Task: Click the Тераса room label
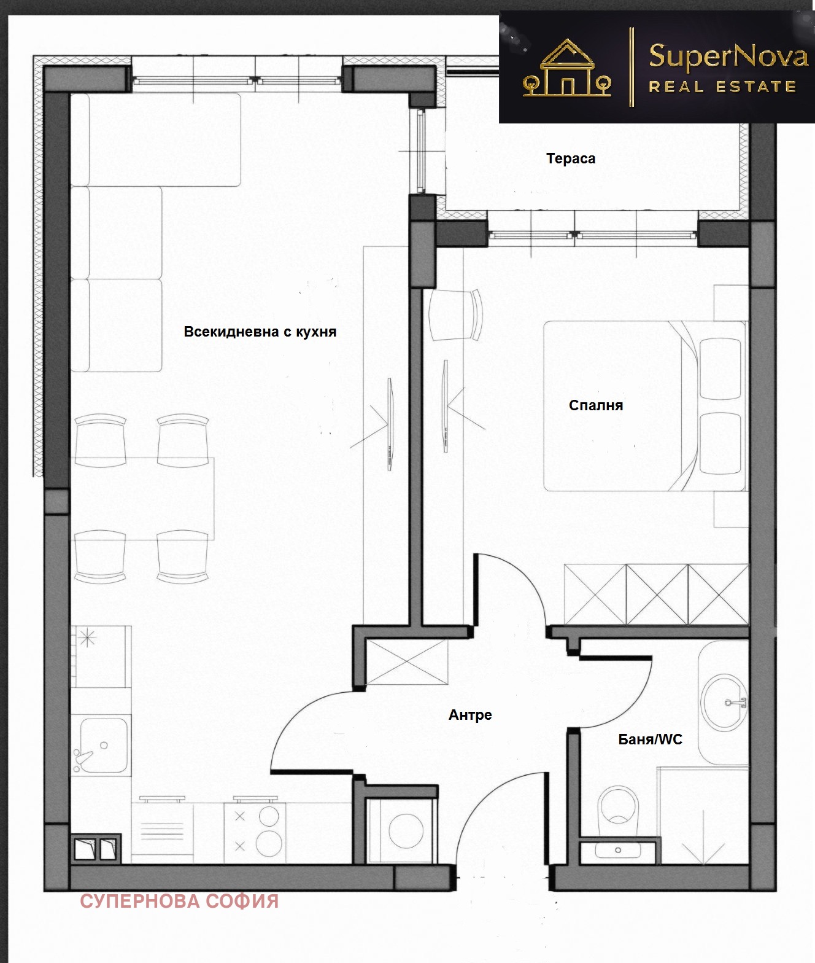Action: pyautogui.click(x=571, y=159)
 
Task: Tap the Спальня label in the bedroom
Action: pyautogui.click(x=596, y=405)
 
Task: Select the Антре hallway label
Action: pyautogui.click(x=470, y=715)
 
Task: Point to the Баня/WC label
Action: pyautogui.click(x=651, y=739)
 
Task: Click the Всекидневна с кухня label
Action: pyautogui.click(x=260, y=332)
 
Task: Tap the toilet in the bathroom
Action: pyautogui.click(x=618, y=811)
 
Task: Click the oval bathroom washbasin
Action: pyautogui.click(x=723, y=701)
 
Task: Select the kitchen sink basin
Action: pyautogui.click(x=101, y=746)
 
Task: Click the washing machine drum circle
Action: pyautogui.click(x=406, y=831)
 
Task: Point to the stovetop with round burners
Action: pyautogui.click(x=255, y=833)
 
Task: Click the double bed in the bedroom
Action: pyautogui.click(x=644, y=406)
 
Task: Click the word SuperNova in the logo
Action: pyautogui.click(x=728, y=57)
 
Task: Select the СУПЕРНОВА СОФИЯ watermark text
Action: pyautogui.click(x=179, y=902)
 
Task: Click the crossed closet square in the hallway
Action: pyautogui.click(x=407, y=662)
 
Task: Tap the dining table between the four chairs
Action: pyautogui.click(x=142, y=499)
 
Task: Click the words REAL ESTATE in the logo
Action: pyautogui.click(x=722, y=87)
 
